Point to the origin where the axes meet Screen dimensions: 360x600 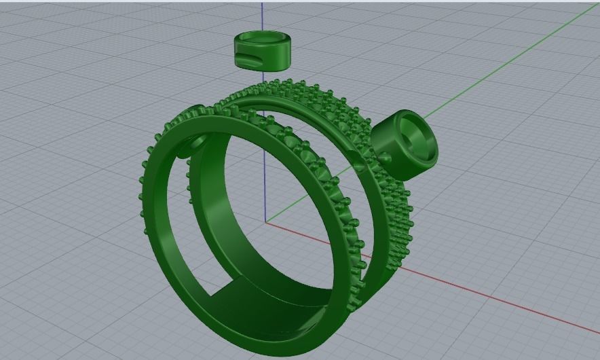[x=266, y=221]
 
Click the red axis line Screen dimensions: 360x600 [x=475, y=292]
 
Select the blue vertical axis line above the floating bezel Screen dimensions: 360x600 [x=263, y=17]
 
